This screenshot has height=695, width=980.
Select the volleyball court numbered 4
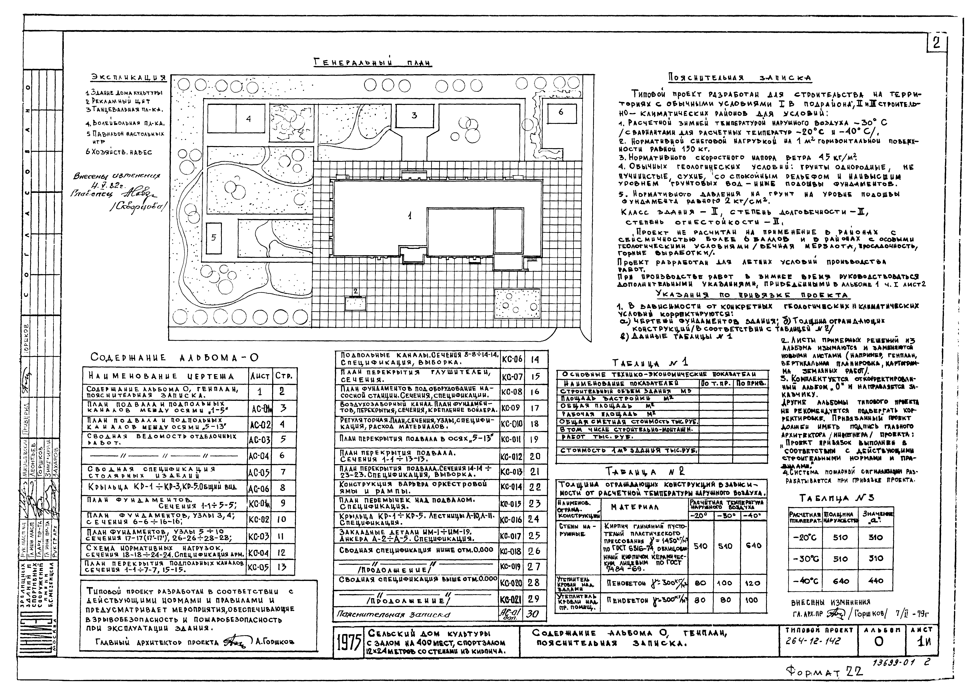click(x=248, y=119)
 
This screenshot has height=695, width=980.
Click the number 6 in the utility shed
click(x=561, y=112)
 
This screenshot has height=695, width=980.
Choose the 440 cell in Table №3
click(x=875, y=581)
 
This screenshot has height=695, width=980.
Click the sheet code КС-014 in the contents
click(x=511, y=487)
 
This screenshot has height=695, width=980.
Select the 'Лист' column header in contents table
click(x=260, y=376)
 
